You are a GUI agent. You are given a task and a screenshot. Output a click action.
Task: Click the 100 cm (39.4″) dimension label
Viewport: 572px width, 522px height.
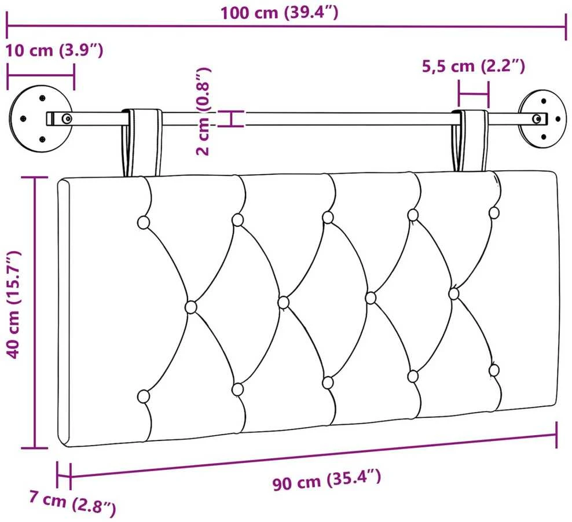280,13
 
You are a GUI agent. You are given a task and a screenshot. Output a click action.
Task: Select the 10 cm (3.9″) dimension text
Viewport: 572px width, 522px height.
54,50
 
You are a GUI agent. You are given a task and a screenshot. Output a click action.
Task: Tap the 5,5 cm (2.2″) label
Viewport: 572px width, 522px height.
474,67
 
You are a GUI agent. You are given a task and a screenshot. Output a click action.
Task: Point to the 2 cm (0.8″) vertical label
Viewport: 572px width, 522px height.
204,112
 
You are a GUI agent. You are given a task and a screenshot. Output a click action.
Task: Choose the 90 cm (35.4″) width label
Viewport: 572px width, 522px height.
327,480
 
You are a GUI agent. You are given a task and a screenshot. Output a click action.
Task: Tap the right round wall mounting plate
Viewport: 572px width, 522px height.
544,119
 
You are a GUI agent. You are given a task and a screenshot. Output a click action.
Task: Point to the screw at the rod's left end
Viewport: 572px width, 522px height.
67,119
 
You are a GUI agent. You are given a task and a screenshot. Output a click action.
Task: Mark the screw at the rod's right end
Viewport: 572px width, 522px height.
537,119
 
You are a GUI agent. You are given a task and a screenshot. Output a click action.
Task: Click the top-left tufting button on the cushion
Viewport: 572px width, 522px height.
144,222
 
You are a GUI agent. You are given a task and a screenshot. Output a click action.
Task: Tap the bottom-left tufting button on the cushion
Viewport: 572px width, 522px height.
144,396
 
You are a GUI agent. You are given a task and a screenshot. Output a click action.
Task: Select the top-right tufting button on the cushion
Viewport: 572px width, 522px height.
494,212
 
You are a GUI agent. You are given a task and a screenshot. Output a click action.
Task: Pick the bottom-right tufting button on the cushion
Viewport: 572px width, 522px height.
494,370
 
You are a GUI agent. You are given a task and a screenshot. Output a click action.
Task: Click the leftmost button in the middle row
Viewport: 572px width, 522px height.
190,307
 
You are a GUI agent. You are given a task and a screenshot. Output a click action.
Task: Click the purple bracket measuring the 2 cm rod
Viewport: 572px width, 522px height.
230,119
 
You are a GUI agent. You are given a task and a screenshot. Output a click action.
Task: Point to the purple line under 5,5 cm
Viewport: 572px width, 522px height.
474,95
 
